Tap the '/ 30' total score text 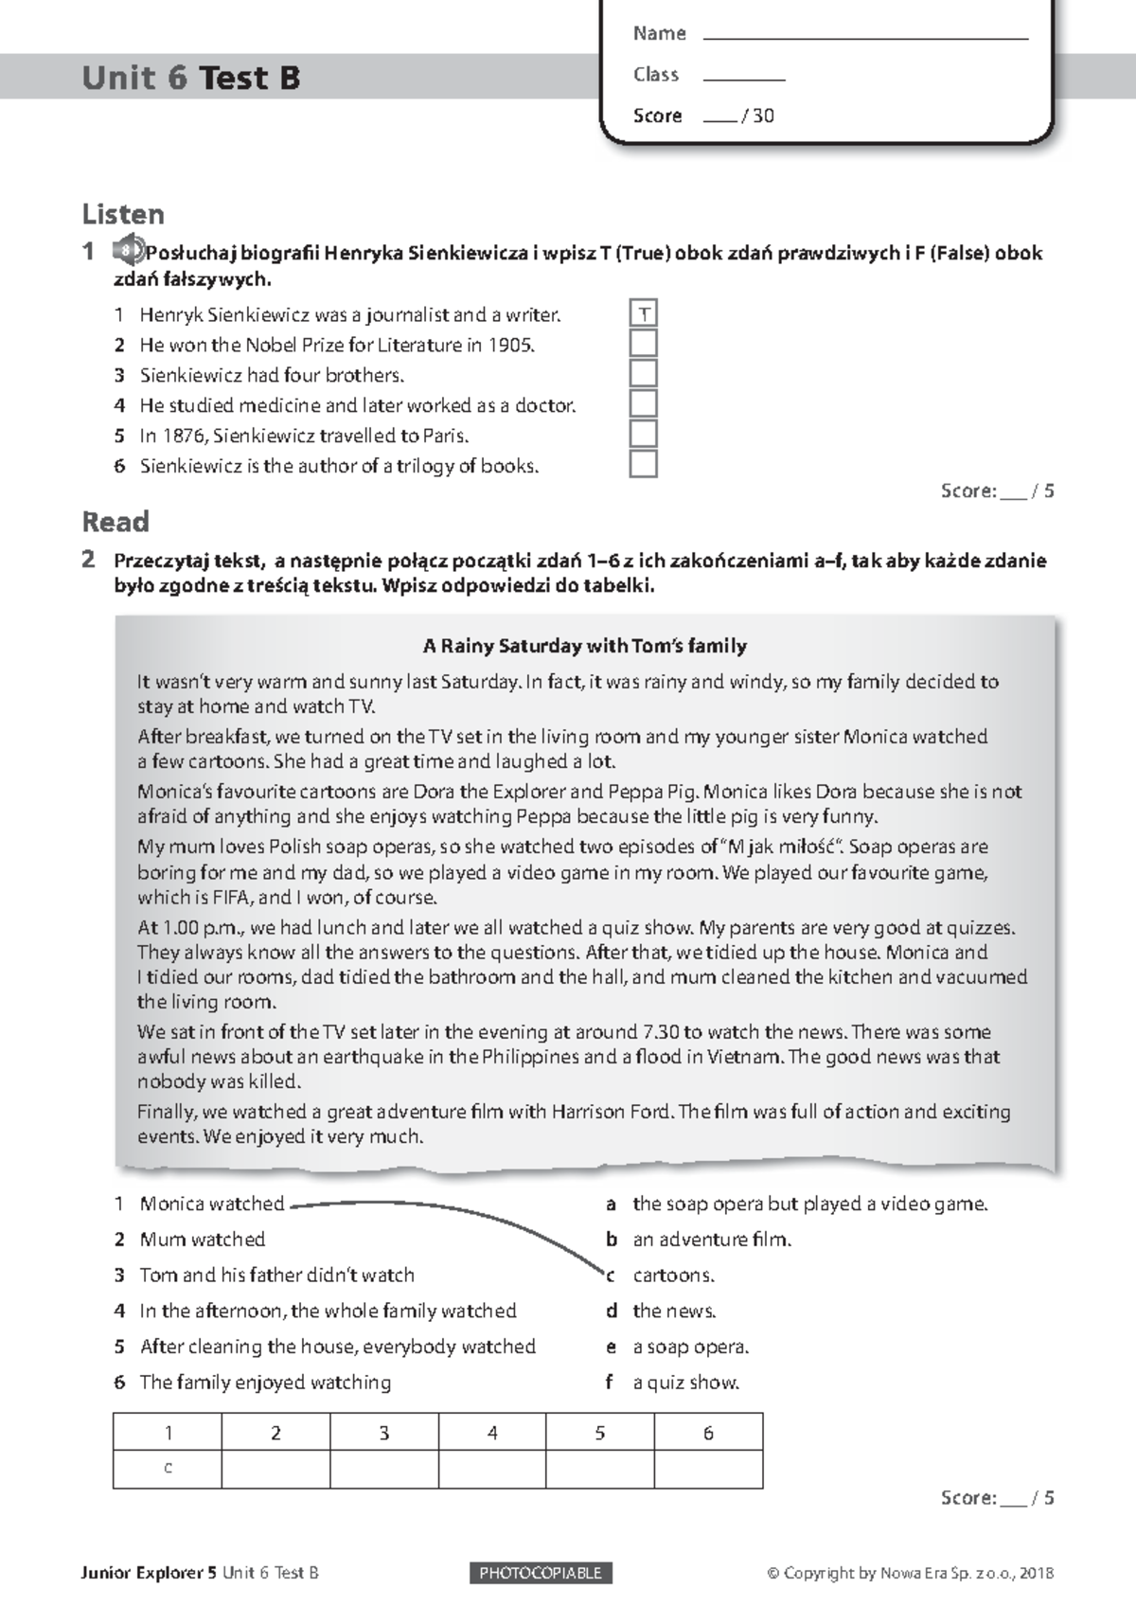pyautogui.click(x=758, y=116)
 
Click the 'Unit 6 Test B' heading pyautogui.click(x=191, y=78)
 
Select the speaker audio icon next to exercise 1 pyautogui.click(x=127, y=251)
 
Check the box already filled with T pyautogui.click(x=644, y=313)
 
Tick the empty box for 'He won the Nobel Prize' pyautogui.click(x=644, y=344)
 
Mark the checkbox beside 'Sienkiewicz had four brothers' pyautogui.click(x=644, y=374)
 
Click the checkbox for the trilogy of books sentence pyautogui.click(x=644, y=464)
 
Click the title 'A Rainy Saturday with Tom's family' pyautogui.click(x=584, y=646)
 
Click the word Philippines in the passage pyautogui.click(x=529, y=1056)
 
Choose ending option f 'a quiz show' pyautogui.click(x=685, y=1383)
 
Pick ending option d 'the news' pyautogui.click(x=674, y=1311)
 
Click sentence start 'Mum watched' pyautogui.click(x=202, y=1240)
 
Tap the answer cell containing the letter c pyautogui.click(x=168, y=1469)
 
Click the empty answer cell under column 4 pyautogui.click(x=492, y=1469)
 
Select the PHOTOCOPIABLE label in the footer pyautogui.click(x=541, y=1573)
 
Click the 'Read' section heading pyautogui.click(x=115, y=522)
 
